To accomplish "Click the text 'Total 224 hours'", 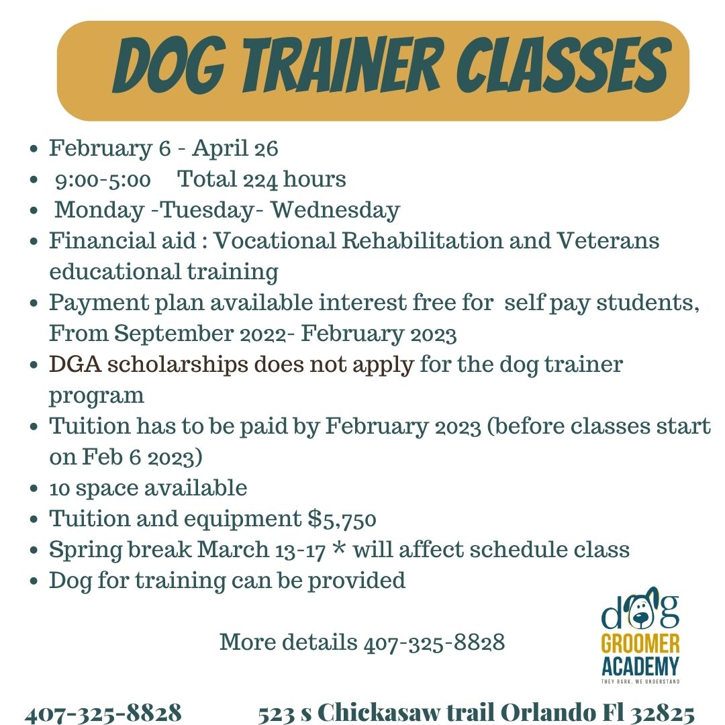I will click(262, 179).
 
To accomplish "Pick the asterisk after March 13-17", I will click(338, 549).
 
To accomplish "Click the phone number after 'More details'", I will click(434, 642).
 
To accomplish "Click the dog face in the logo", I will click(640, 610).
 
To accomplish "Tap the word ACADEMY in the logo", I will click(640, 667).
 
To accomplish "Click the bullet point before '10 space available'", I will click(34, 489).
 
